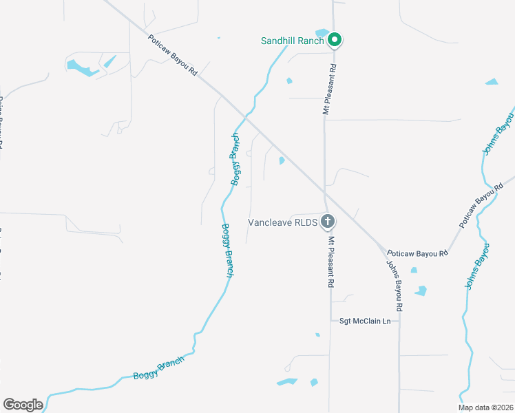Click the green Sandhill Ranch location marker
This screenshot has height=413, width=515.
point(335,40)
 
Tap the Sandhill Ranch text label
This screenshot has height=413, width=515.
point(292,41)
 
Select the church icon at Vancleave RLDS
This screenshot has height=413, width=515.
point(328,222)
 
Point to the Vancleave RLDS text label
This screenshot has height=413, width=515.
point(282,222)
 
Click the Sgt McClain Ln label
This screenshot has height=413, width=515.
point(365,321)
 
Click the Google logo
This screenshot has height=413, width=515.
point(23,405)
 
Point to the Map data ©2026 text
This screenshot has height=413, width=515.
point(486,407)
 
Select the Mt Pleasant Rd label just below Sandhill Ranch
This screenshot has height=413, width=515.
point(329,90)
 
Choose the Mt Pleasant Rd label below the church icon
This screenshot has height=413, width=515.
point(331,262)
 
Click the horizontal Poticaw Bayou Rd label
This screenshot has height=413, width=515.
point(417,253)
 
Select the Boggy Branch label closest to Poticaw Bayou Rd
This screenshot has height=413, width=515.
point(235,159)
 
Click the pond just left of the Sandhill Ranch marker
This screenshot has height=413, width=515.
point(321,32)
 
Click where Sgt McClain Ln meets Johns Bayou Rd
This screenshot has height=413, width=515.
point(399,321)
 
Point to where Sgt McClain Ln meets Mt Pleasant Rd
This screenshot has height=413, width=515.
point(329,321)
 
